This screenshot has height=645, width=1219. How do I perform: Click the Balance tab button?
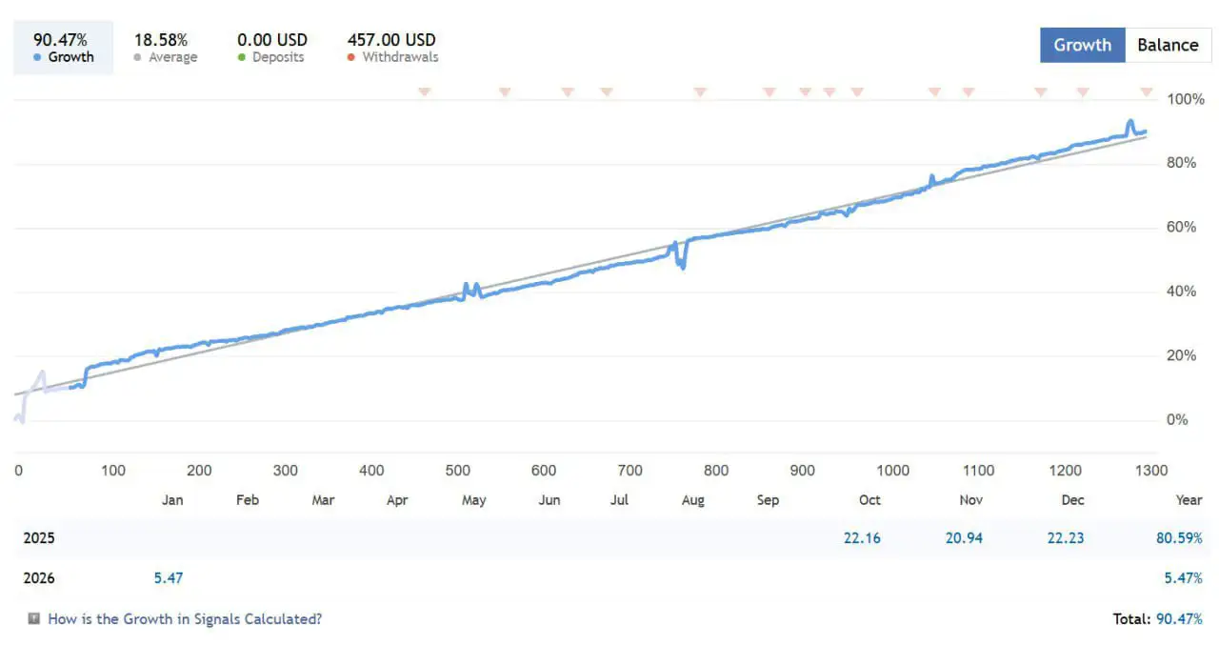[x=1168, y=45]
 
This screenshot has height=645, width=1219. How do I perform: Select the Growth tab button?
[x=1082, y=45]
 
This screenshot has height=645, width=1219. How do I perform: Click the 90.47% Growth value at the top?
[x=61, y=40]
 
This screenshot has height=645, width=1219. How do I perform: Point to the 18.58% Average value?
[x=161, y=40]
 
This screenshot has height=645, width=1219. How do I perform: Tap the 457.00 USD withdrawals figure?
[x=391, y=40]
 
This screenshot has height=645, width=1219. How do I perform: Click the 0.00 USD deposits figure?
[x=272, y=40]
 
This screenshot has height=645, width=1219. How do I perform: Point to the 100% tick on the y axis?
[x=1186, y=99]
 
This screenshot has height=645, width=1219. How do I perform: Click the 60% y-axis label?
[x=1182, y=227]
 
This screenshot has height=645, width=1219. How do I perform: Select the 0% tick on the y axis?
[x=1178, y=419]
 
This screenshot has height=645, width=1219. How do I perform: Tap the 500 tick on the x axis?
[x=458, y=470]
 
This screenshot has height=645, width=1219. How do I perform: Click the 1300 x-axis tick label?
[x=1151, y=470]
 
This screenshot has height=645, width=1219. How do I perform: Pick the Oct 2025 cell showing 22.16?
[x=862, y=538]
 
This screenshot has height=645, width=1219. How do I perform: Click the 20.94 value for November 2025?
[x=964, y=538]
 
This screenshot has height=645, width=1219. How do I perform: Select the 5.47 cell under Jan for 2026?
[x=169, y=578]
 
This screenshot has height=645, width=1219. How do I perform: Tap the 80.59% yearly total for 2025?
[x=1179, y=538]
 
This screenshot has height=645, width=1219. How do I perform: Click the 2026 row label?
[x=39, y=578]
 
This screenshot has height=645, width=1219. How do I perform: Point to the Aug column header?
[x=693, y=500]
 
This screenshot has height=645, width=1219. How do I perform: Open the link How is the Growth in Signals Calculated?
[x=185, y=619]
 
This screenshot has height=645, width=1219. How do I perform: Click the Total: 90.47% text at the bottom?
[x=1157, y=619]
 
